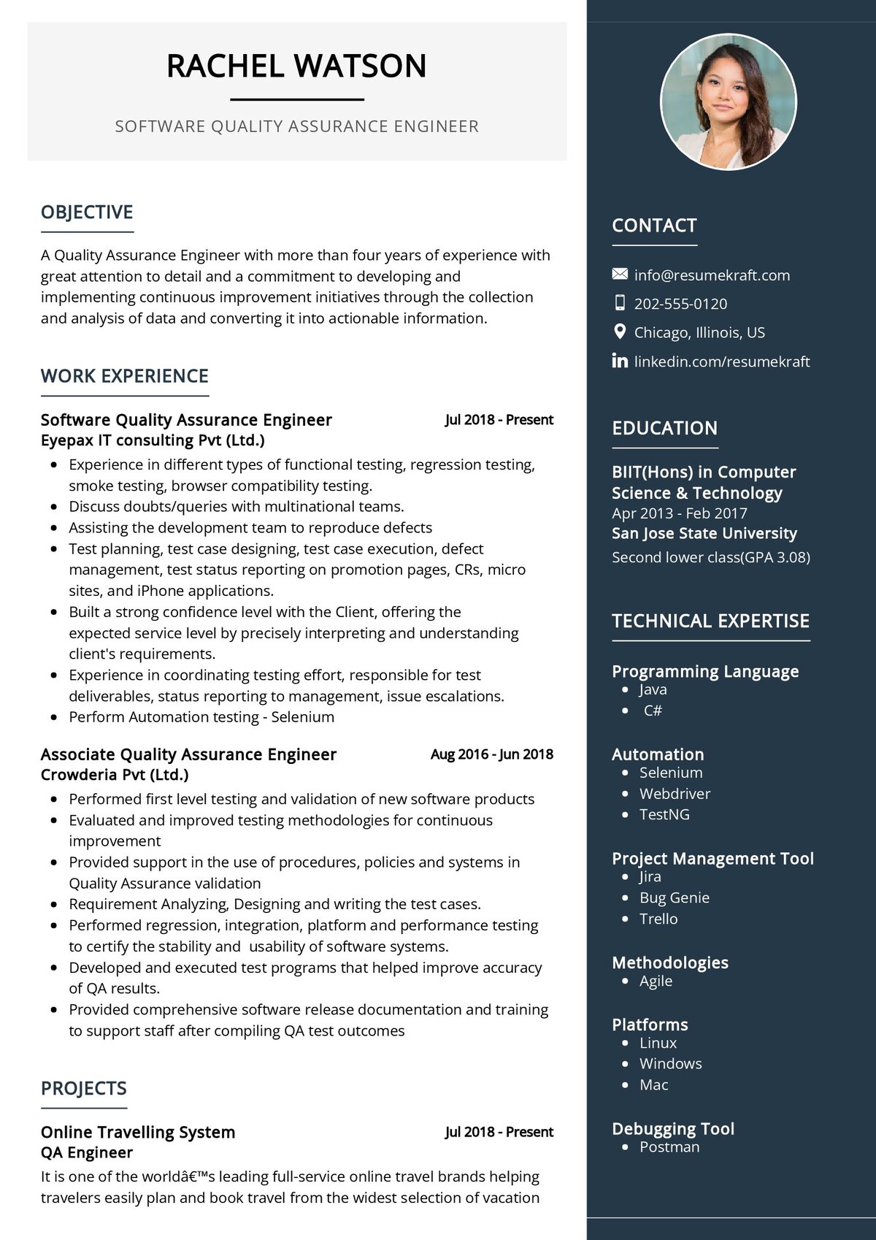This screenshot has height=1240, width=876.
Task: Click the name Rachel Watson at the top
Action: [296, 66]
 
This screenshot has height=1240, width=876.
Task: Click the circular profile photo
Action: [728, 101]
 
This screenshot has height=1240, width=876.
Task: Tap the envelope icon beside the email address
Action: [620, 275]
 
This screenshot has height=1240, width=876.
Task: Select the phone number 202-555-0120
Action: [680, 304]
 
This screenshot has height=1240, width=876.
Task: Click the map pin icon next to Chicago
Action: [620, 332]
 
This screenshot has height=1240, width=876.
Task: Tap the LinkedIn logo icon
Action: [620, 361]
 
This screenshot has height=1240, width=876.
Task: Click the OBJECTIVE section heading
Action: [87, 213]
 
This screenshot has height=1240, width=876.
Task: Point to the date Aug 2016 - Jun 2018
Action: [491, 754]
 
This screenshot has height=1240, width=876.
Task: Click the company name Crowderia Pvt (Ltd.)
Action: [115, 775]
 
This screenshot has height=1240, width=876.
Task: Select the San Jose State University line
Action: [704, 534]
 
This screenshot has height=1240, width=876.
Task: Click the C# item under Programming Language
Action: [653, 711]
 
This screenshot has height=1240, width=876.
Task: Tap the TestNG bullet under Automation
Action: [664, 814]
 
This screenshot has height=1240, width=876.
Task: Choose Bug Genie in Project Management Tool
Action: [674, 898]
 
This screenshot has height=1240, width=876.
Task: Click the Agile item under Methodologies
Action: [656, 981]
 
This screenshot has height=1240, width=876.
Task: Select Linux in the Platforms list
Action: [658, 1043]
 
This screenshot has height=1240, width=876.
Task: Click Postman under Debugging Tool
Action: [669, 1147]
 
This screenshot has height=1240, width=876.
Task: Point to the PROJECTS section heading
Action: [84, 1088]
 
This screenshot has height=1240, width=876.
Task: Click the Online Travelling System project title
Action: [138, 1133]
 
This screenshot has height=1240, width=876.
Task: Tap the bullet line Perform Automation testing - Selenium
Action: [201, 717]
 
